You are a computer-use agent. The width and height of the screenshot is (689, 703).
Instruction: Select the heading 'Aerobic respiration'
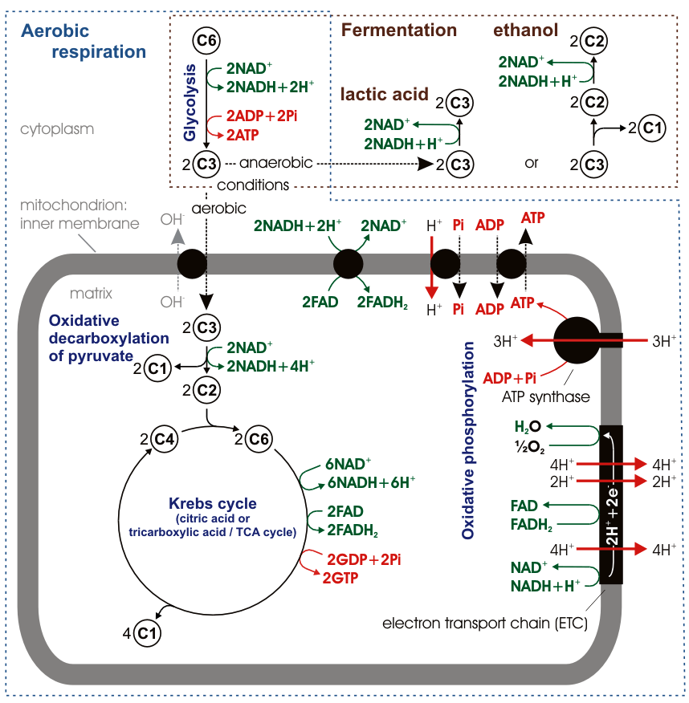(84, 42)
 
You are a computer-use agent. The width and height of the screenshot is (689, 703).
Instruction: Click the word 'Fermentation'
(399, 30)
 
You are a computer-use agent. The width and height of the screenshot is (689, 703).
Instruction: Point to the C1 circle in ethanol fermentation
(653, 128)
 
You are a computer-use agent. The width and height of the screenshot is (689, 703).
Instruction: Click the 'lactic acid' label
(384, 94)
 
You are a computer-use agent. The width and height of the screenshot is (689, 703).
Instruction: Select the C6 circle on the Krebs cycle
(259, 439)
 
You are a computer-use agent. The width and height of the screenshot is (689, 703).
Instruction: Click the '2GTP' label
(340, 576)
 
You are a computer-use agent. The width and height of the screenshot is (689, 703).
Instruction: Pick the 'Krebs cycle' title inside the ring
(213, 504)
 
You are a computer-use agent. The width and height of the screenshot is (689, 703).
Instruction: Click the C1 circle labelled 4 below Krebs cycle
(147, 632)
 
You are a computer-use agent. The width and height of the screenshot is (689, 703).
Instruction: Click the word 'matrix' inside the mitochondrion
(90, 293)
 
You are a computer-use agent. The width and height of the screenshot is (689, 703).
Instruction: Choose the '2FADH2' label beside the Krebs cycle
(354, 530)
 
